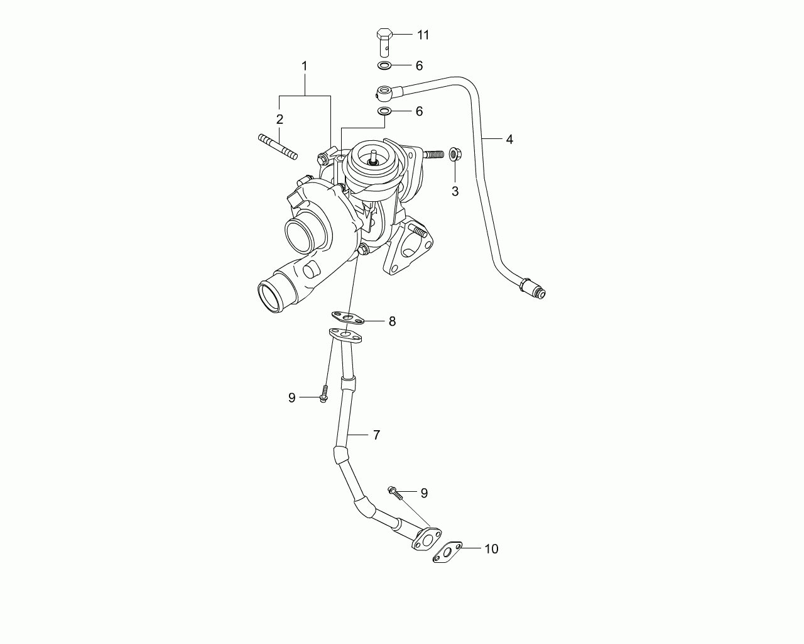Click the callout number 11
pos(423,35)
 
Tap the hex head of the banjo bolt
pos(384,34)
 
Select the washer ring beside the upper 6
pos(384,66)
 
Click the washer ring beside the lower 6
pos(384,111)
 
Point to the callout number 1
pos(305,66)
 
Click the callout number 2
pos(280,119)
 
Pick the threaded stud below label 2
pos(278,147)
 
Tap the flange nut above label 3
pos(455,153)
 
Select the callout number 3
pos(455,191)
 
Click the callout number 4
pos(509,139)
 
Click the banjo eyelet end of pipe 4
pos(384,92)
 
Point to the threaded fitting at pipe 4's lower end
pos(533,289)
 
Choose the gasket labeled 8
pos(347,318)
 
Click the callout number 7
pos(376,435)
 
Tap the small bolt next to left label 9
pos(324,394)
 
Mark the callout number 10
pos(491,549)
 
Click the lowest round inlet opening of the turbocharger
pos(271,297)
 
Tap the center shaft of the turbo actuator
pos(373,157)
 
